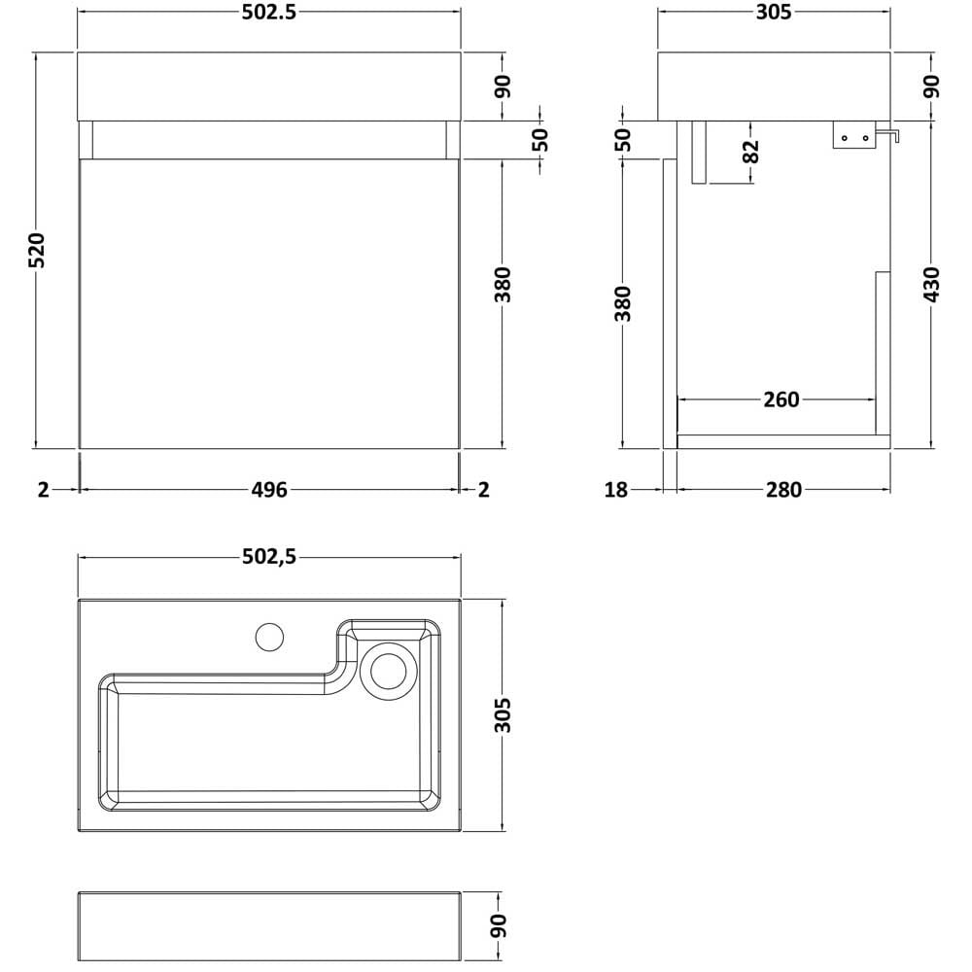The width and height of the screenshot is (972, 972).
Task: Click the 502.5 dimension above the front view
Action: [x=269, y=12]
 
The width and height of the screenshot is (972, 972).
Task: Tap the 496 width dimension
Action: [x=269, y=490]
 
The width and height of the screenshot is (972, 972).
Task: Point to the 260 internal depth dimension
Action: [x=781, y=399]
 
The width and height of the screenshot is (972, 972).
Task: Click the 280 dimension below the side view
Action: [x=783, y=490]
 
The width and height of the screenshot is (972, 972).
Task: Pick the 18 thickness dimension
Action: [x=616, y=490]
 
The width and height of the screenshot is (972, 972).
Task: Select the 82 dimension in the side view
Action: [x=750, y=152]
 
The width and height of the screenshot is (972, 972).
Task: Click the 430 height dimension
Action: [x=931, y=285]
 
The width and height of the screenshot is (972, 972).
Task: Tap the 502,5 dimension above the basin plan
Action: [x=269, y=557]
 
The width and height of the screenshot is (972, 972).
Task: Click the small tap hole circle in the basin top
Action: [x=269, y=637]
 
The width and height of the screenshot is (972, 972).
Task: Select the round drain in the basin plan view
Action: [x=389, y=672]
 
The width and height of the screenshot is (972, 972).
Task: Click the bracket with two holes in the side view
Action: [x=853, y=134]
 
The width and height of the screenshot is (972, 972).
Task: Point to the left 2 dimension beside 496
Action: [x=43, y=490]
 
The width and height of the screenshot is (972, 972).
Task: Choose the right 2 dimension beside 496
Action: [x=483, y=490]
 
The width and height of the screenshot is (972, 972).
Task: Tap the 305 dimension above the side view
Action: [x=774, y=12]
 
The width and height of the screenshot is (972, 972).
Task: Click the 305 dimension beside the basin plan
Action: [x=503, y=715]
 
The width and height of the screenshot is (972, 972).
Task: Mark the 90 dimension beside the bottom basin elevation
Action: [x=499, y=925]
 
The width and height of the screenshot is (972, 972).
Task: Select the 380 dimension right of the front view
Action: [x=503, y=285]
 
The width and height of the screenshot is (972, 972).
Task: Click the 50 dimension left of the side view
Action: [x=625, y=139]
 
